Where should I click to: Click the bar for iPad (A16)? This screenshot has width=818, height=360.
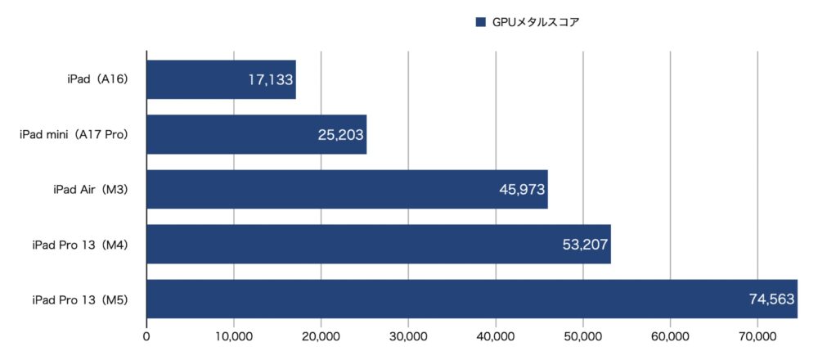pyautogui.click(x=196, y=80)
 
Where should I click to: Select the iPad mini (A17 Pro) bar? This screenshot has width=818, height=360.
pyautogui.click(x=229, y=135)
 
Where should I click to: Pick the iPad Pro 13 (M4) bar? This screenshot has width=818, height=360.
pyautogui.click(x=344, y=245)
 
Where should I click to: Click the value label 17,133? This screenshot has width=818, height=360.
pyautogui.click(x=270, y=80)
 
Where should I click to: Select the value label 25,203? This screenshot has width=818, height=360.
pyautogui.click(x=341, y=135)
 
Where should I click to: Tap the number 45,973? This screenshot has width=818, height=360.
pyautogui.click(x=522, y=190)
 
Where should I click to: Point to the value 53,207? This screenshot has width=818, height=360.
pyautogui.click(x=586, y=245)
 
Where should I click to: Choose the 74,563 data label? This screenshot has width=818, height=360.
pyautogui.click(x=771, y=299)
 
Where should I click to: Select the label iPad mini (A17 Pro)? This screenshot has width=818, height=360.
pyautogui.click(x=74, y=134)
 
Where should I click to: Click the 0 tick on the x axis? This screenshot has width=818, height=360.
pyautogui.click(x=146, y=335)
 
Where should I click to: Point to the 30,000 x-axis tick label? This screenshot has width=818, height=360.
pyautogui.click(x=408, y=335)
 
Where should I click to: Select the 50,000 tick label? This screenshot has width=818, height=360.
pyautogui.click(x=582, y=335)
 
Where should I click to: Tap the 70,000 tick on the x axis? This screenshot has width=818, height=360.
pyautogui.click(x=757, y=335)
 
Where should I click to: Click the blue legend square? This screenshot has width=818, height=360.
pyautogui.click(x=480, y=23)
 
